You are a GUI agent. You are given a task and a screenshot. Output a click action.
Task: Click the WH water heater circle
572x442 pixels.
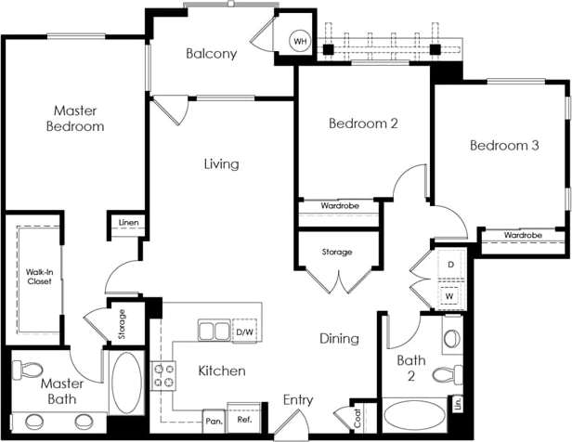tap(300, 42)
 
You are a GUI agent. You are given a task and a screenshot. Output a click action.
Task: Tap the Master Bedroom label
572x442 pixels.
tap(74, 118)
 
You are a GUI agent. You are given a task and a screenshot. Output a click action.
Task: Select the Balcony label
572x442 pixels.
tap(211, 53)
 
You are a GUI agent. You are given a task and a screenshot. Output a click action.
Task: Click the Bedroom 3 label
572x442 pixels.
tap(504, 146)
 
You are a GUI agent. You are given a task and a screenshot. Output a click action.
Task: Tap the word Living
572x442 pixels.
tap(222, 164)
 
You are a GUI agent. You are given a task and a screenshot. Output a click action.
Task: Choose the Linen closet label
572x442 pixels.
tap(129, 222)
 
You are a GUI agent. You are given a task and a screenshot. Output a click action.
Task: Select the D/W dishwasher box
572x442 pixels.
tap(244, 331)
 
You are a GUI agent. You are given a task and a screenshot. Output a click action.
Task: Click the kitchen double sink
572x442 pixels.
tap(214, 331)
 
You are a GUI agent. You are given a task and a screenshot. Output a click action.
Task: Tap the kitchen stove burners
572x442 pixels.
tap(165, 373)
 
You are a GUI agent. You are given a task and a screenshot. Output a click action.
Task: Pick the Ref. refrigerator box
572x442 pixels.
tap(244, 419)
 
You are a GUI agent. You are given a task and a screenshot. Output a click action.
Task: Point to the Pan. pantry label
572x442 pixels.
tap(214, 420)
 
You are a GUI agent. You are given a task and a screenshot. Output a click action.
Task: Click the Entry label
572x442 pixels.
tap(298, 400)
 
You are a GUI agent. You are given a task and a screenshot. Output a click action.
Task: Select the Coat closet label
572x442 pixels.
tap(358, 418)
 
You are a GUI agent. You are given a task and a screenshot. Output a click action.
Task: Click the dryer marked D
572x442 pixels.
tap(450, 266)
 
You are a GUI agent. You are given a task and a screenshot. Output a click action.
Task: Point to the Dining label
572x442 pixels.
tap(339, 339)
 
